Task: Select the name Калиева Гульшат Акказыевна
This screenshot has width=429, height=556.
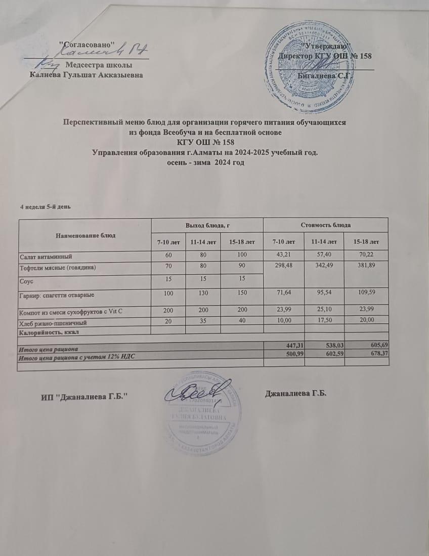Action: coord(87,75)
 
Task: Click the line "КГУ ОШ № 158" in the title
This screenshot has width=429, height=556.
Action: coord(204,142)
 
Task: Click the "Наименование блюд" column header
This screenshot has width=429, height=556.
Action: coord(85,235)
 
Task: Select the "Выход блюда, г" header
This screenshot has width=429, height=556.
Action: coord(207,224)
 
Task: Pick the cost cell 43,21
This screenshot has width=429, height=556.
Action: coord(283,256)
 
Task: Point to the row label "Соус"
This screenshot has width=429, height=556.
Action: coord(26,279)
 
